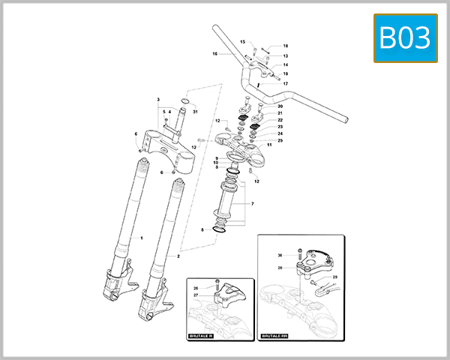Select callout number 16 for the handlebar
point(214,54)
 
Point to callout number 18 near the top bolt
point(285,46)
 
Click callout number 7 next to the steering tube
point(252,203)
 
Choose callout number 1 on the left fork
point(141,237)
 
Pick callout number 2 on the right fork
point(178,256)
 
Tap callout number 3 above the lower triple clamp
point(158,100)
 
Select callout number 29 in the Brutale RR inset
point(335,277)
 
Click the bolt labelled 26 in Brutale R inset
point(217,285)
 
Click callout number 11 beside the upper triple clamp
point(268,145)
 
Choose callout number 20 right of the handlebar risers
point(280,106)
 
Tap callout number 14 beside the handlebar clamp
point(285,65)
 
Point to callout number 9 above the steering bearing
point(216,158)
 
